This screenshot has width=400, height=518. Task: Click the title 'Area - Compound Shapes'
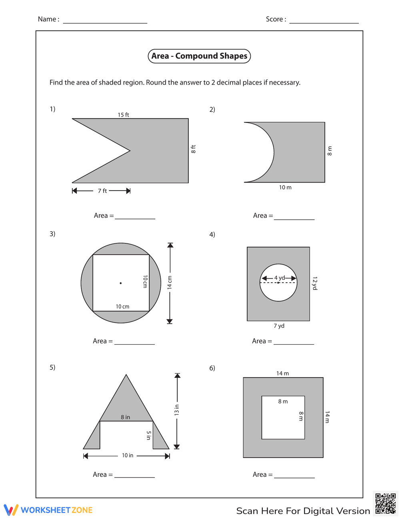tap(199, 56)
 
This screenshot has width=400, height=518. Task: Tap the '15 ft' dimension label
tap(123, 115)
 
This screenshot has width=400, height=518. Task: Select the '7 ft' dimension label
tap(102, 191)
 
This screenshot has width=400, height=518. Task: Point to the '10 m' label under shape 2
tap(285, 187)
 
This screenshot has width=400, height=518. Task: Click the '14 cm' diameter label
tap(170, 282)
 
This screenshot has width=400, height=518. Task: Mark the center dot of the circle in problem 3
tap(121, 283)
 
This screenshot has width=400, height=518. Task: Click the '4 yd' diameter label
tap(279, 278)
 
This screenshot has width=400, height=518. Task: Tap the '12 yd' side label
tap(315, 283)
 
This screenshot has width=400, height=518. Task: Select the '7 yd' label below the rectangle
tap(279, 326)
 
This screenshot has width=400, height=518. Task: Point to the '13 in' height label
tap(177, 410)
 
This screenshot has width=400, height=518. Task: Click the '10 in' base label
tap(128, 456)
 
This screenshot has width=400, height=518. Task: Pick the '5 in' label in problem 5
tap(148, 436)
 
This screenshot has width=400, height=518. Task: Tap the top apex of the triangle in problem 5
tap(126, 375)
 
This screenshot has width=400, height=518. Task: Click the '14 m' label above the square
tap(282, 373)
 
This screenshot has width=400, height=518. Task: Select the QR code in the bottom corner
tap(386, 504)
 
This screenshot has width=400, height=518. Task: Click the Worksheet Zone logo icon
tap(11, 510)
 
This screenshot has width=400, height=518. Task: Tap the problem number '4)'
tap(212, 235)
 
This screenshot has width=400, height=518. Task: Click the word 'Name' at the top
tap(47, 19)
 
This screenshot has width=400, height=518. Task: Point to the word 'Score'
tap(275, 19)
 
